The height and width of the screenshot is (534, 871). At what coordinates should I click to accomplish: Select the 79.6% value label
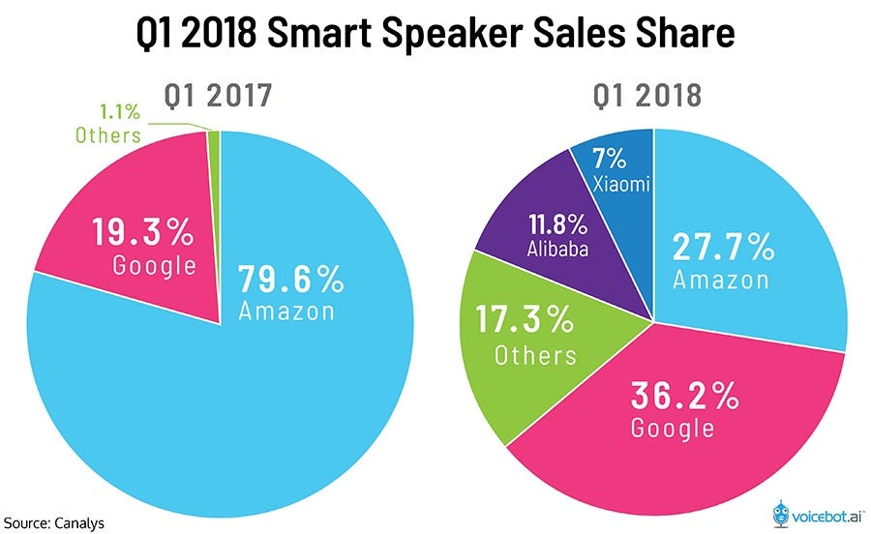point(291,280)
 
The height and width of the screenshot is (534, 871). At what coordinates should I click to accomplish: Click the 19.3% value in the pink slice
point(143,232)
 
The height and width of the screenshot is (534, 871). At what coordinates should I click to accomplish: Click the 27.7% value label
point(724,248)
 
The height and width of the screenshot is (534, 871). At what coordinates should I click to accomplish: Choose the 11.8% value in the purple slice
point(558,225)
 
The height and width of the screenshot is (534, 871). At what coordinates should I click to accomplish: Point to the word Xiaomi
point(620,183)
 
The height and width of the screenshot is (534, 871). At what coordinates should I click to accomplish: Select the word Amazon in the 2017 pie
point(286,311)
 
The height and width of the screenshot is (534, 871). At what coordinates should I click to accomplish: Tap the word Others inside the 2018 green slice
point(535,354)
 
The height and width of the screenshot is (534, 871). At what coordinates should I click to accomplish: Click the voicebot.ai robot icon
point(782,512)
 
